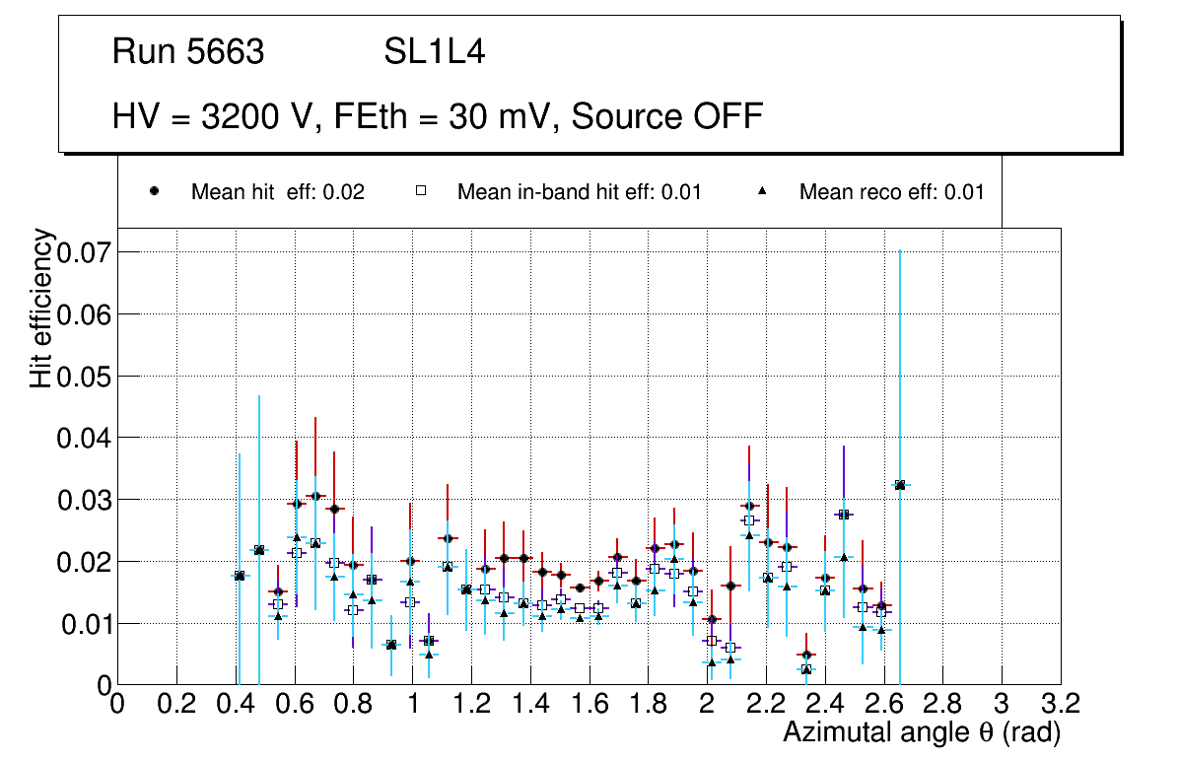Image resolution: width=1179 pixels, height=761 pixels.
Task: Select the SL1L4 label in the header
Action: point(434,51)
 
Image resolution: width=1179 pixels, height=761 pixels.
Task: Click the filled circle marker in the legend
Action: point(154,191)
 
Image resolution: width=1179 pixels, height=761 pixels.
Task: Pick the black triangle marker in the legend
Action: point(763,191)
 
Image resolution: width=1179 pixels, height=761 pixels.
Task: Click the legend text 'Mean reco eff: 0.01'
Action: point(891,192)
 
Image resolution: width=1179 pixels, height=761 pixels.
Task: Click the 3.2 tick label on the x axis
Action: point(1061,703)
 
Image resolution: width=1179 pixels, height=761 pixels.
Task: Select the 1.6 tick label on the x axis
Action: point(589,703)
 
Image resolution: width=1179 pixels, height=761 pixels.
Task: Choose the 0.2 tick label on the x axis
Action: point(176,703)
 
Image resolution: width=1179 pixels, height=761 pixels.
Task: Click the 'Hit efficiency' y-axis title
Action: point(41,308)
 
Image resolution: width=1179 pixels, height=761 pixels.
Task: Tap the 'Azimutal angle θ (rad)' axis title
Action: point(922,732)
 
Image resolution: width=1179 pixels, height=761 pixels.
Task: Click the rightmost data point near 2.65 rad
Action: point(899,485)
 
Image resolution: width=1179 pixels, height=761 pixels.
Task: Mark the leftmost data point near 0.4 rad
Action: point(239,576)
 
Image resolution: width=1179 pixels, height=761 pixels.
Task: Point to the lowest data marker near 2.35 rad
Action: point(806,669)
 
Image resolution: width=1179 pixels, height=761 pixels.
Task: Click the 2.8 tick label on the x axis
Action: point(942,703)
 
